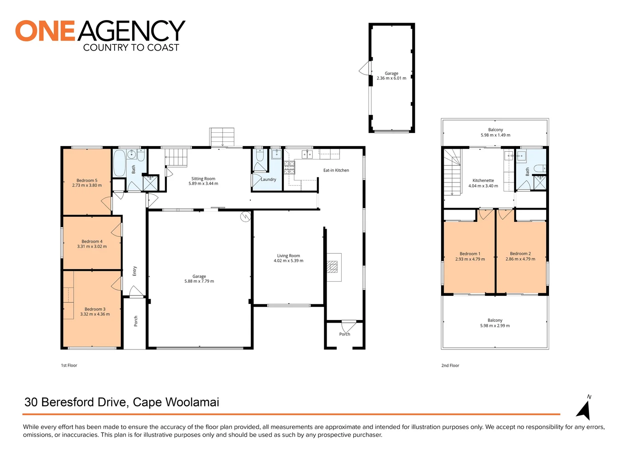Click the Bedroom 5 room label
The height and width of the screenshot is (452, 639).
pyautogui.click(x=87, y=180)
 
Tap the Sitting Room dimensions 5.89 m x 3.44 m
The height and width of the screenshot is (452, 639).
pyautogui.click(x=203, y=184)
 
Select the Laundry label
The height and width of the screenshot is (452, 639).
pyautogui.click(x=268, y=180)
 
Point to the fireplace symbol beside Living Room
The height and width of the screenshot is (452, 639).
pyautogui.click(x=332, y=267)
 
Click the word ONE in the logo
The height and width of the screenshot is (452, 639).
pyautogui.click(x=45, y=31)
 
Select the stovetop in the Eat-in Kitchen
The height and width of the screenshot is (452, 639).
pyautogui.click(x=289, y=167)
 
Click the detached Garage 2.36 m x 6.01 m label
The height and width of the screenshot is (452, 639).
pyautogui.click(x=391, y=76)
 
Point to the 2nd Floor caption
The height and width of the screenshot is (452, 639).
pyautogui.click(x=450, y=365)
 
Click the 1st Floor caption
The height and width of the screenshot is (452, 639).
pyautogui.click(x=69, y=365)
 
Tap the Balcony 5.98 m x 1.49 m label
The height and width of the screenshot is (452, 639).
pyautogui.click(x=495, y=132)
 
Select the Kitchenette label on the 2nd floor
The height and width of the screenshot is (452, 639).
pyautogui.click(x=483, y=180)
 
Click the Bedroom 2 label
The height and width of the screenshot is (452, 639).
pyautogui.click(x=520, y=254)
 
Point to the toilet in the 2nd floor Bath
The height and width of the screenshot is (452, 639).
pyautogui.click(x=540, y=168)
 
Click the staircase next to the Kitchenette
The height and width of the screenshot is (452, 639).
pyautogui.click(x=452, y=172)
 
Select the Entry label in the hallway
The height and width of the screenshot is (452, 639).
pyautogui.click(x=135, y=271)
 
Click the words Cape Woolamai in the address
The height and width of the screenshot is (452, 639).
pyautogui.click(x=176, y=402)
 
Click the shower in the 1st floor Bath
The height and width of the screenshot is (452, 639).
pyautogui.click(x=150, y=183)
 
